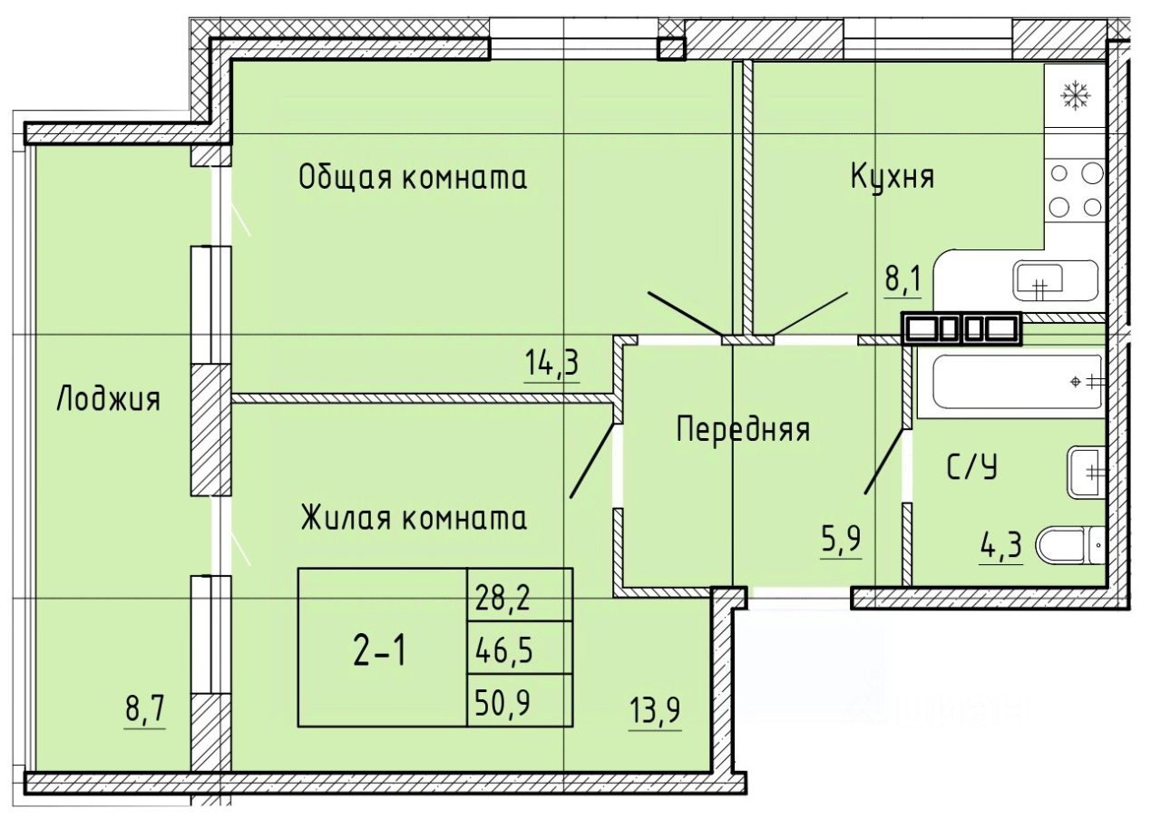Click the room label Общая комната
point(413,178)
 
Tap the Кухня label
point(892,176)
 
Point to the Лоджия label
point(108,398)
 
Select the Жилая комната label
point(414,519)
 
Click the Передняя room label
point(743,429)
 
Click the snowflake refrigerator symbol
point(1076,95)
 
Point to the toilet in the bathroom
point(1068,546)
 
